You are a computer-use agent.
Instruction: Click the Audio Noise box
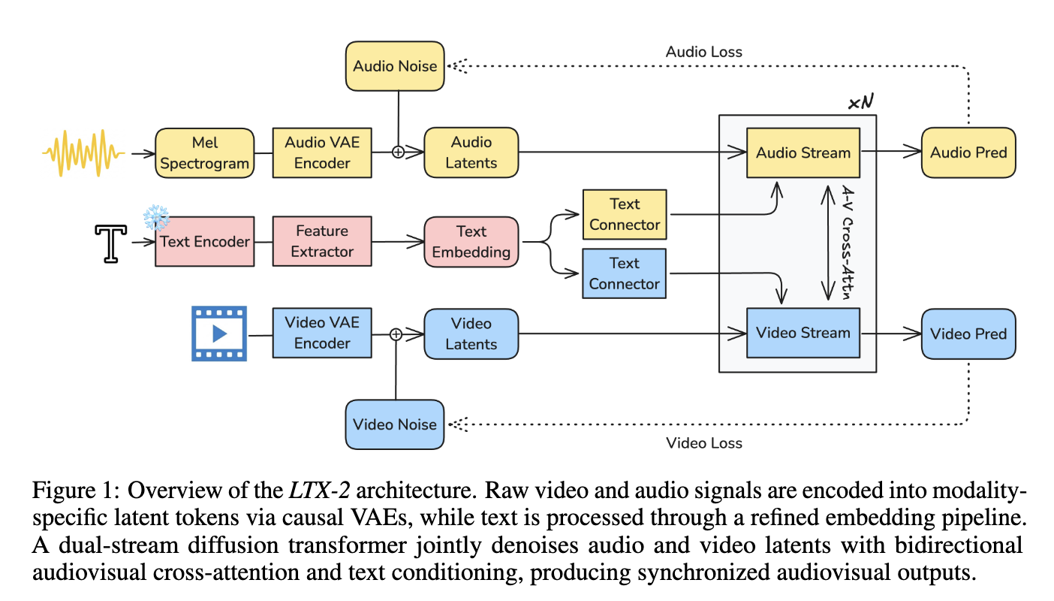point(395,66)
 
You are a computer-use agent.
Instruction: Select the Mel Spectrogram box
point(203,153)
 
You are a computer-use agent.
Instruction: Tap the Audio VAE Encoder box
point(322,153)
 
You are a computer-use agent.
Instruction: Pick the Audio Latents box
point(471,153)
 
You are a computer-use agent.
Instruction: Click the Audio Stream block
point(803,153)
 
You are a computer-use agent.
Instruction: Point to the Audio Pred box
point(968,153)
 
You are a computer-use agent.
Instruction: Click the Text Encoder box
point(203,242)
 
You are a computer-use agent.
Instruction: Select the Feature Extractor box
point(322,242)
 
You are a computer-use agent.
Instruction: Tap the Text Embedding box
point(471,242)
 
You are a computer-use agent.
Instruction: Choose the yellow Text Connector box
point(625,214)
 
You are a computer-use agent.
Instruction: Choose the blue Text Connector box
point(625,274)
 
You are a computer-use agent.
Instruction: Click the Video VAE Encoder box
point(322,333)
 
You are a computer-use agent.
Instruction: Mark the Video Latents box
point(471,334)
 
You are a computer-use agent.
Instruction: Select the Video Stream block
point(803,333)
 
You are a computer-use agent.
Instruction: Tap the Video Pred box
point(968,334)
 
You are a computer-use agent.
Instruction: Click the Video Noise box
point(395,424)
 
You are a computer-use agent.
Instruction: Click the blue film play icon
point(219,333)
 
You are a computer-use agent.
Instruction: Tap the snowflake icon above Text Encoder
point(156,218)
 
